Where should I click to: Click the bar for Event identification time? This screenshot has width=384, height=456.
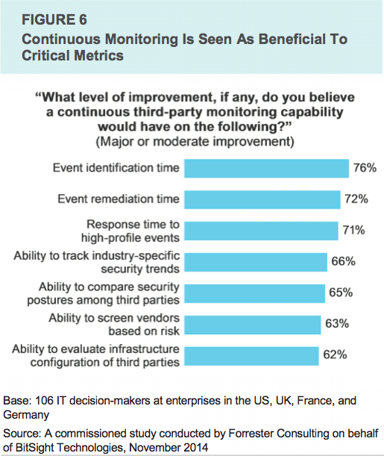click(x=266, y=169)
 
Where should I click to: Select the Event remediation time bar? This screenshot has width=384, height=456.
click(x=262, y=199)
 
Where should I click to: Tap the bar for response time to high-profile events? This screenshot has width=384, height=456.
click(x=261, y=231)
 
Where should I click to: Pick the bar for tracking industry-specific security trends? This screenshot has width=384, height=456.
click(x=256, y=262)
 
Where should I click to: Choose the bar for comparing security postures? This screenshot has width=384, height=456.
click(x=254, y=293)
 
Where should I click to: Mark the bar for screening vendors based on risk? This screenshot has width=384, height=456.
click(x=253, y=325)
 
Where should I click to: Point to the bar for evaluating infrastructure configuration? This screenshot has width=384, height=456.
click(x=251, y=356)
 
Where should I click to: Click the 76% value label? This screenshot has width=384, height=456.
click(x=365, y=168)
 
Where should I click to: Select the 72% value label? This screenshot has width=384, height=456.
click(x=356, y=199)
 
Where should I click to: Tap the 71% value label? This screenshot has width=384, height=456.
click(x=353, y=231)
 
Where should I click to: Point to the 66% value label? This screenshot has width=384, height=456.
click(x=343, y=261)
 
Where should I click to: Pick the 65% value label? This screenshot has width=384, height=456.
click(x=341, y=293)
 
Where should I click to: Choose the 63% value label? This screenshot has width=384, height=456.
click(x=337, y=324)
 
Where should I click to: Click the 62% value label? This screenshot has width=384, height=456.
click(x=335, y=355)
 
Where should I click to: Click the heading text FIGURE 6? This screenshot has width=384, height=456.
click(x=54, y=19)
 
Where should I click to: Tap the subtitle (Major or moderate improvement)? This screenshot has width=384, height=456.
click(x=195, y=142)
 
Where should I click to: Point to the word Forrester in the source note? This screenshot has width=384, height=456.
click(x=251, y=434)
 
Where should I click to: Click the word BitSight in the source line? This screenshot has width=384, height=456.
click(x=34, y=447)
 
